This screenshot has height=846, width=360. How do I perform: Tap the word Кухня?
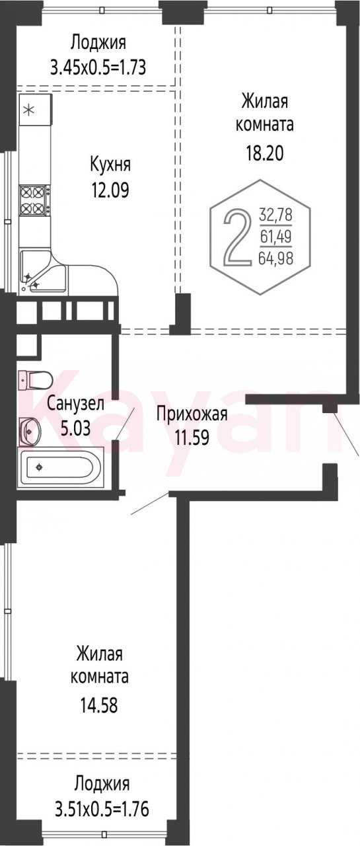110,165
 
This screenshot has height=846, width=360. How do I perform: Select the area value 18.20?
264,153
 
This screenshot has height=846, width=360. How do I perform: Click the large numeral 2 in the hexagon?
237,238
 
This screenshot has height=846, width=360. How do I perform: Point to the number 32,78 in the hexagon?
276,215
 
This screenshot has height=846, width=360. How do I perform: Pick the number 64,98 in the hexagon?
276,258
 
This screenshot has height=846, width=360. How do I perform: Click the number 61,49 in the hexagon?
275,237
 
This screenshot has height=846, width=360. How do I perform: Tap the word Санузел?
75,404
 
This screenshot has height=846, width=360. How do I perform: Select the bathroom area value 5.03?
75,429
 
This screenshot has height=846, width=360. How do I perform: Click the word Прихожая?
192,414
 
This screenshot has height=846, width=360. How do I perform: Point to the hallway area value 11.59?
192,438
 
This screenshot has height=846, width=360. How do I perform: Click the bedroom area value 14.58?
99,705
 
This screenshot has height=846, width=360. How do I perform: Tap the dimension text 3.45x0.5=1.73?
98,68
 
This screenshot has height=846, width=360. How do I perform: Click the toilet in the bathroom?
35,379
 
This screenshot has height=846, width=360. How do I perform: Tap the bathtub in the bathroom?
60,467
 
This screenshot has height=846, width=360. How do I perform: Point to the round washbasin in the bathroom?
30,430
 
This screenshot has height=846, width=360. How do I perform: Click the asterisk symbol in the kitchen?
30,110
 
